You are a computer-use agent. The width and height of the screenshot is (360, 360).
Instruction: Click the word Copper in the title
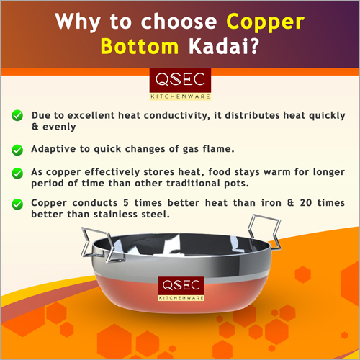pos(266,22)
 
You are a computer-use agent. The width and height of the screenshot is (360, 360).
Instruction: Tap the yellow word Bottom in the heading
pos(140,46)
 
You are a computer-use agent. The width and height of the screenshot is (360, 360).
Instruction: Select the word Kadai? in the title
pos(224,46)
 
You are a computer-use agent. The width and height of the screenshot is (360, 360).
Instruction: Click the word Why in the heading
pos(78,22)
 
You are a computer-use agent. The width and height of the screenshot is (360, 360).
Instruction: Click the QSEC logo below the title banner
pos(180,84)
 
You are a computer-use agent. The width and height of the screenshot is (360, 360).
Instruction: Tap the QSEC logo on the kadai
pos(181,289)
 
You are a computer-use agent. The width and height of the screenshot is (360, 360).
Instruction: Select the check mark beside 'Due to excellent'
pos(17,115)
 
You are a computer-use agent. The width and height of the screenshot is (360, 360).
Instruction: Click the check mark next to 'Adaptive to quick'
pos(17,150)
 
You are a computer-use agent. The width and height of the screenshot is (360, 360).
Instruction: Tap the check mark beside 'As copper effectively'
pos(17,173)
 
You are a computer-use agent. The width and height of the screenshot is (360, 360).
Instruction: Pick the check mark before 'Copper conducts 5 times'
pos(17,204)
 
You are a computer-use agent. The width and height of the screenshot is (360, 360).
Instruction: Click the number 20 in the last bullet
pos(306,203)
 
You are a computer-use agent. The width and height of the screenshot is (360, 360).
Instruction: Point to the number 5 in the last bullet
pos(126,203)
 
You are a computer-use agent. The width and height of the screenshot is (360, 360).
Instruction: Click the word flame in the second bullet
pos(217,149)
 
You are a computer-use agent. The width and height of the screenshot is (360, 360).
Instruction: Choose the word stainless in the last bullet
pos(116,214)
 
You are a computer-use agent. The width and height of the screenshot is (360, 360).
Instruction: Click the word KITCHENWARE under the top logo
pos(180,96)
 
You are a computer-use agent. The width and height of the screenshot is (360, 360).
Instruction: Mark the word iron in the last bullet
pos(271,203)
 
